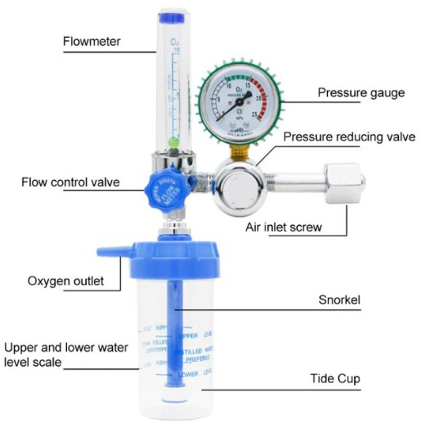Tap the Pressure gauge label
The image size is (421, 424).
pyautogui.click(x=361, y=93)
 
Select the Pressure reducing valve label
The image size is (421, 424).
pyautogui.click(x=348, y=137)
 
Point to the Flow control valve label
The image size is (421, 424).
pyautogui.click(x=70, y=183)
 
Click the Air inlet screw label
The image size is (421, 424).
pyautogui.click(x=283, y=228)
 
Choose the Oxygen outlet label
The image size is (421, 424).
pyautogui.click(x=66, y=280)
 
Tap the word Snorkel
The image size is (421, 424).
pyautogui.click(x=339, y=300)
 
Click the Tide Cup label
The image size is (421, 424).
pyautogui.click(x=335, y=379)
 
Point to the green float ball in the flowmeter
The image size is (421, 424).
pyautogui.click(x=173, y=142)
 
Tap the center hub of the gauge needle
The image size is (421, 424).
pyautogui.click(x=240, y=101)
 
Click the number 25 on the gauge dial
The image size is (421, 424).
pyautogui.click(x=256, y=113)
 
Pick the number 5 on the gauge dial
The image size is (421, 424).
pyautogui.click(x=219, y=99)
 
